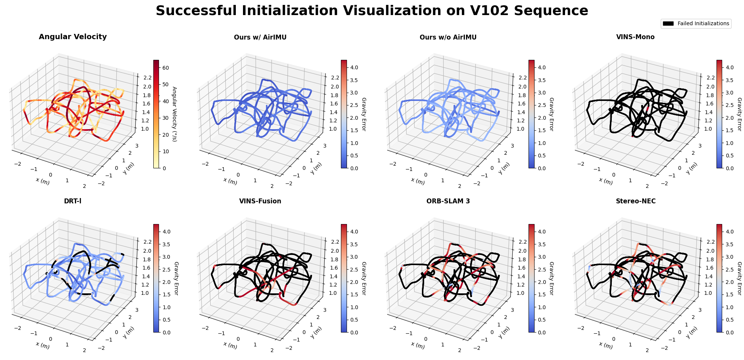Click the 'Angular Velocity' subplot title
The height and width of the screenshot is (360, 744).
click(73, 37)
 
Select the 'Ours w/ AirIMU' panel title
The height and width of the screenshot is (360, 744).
click(260, 37)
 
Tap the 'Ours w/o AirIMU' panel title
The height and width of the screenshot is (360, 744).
click(448, 37)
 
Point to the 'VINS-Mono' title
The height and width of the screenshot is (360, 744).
click(635, 37)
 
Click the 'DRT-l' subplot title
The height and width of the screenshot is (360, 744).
click(73, 201)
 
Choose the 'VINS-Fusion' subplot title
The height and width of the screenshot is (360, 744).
click(260, 201)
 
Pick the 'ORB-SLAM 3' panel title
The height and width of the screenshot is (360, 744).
click(448, 201)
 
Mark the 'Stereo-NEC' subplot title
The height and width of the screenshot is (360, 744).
click(636, 201)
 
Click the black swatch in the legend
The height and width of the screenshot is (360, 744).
click(668, 23)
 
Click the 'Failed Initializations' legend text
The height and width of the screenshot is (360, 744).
click(703, 23)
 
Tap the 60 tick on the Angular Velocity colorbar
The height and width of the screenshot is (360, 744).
click(165, 68)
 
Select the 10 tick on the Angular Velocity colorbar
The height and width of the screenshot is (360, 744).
click(165, 151)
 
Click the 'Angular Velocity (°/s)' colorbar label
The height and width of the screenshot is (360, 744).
click(174, 114)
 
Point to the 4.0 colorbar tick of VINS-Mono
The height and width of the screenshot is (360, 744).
click(729, 67)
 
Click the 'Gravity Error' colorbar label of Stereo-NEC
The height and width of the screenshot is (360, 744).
click(739, 278)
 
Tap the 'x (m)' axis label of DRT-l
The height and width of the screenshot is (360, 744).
click(43, 345)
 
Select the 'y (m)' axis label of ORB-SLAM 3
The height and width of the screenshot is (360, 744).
click(504, 332)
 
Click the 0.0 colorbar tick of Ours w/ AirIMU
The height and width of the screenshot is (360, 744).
click(354, 168)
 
